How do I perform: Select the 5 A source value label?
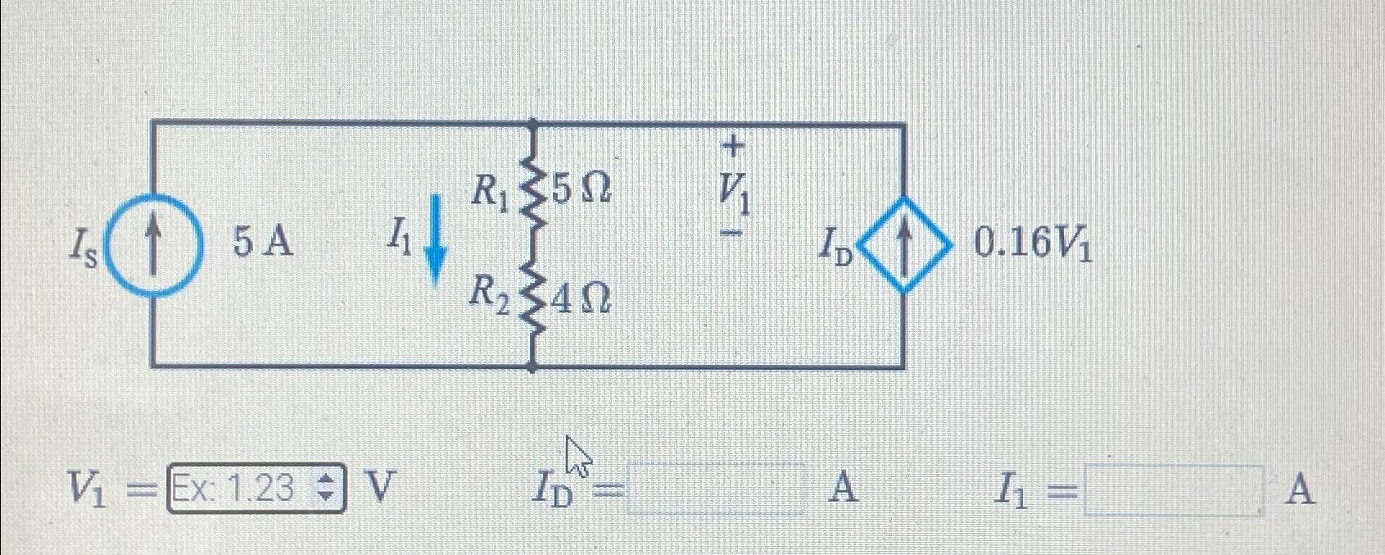pos(263,242)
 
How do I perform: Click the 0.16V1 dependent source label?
pos(1032,243)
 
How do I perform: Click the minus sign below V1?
pos(735,233)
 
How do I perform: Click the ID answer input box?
pos(716,489)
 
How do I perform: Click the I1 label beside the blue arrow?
pos(401,239)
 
